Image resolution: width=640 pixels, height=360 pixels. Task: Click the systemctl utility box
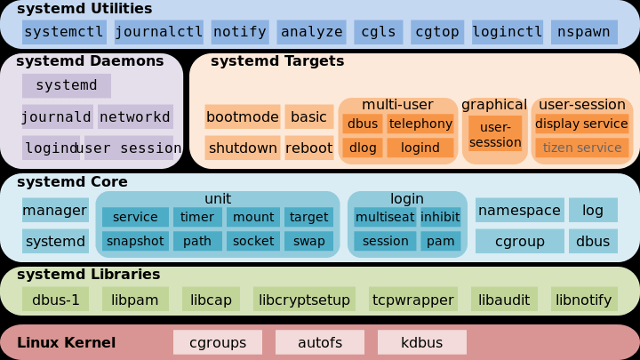click(64, 32)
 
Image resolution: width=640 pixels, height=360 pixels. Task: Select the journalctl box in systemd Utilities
click(159, 32)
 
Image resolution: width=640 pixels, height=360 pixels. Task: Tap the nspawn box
click(584, 32)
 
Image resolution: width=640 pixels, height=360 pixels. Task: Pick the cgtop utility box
click(437, 32)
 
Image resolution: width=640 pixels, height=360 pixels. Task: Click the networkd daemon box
click(135, 117)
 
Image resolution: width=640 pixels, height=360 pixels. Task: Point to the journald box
click(57, 117)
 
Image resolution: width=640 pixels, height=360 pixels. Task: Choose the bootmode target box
click(243, 117)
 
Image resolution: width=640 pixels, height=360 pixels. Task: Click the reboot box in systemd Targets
click(308, 148)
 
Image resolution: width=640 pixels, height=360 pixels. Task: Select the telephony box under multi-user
click(420, 124)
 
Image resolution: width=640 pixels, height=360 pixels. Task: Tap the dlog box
click(363, 148)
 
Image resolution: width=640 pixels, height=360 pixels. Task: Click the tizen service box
click(582, 148)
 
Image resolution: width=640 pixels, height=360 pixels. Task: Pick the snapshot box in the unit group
click(135, 241)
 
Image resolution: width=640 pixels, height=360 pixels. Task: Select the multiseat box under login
click(385, 217)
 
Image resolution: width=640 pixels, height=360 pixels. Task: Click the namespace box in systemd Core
click(520, 211)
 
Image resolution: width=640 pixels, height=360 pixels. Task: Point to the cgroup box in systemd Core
click(520, 241)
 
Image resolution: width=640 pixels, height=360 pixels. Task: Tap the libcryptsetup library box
click(304, 300)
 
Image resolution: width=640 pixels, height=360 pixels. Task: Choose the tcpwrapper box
click(413, 300)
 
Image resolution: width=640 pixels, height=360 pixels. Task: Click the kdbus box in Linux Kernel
click(422, 342)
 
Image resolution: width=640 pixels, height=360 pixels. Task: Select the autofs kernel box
click(320, 342)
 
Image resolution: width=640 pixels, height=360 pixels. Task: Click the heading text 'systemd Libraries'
click(89, 275)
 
